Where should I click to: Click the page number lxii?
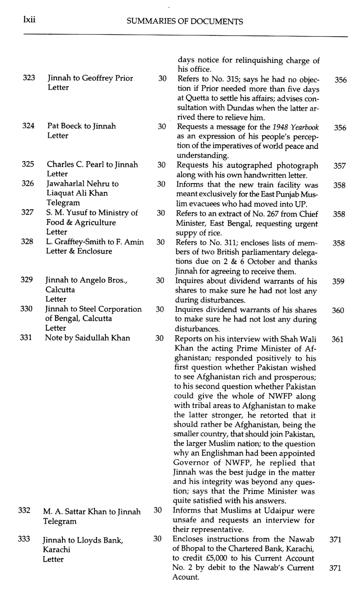click(x=29, y=20)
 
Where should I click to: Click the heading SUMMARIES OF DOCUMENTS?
click(x=185, y=22)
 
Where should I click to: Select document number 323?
click(x=29, y=78)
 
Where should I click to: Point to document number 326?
click(x=28, y=183)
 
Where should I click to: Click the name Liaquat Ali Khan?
click(x=77, y=193)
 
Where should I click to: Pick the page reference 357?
click(x=340, y=166)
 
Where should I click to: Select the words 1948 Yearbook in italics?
click(x=296, y=127)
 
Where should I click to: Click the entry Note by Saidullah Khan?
click(x=87, y=338)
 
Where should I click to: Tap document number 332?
click(x=24, y=510)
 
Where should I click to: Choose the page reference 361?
click(x=337, y=339)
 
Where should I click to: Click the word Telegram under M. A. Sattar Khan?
click(x=60, y=521)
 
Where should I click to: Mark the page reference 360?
click(x=338, y=310)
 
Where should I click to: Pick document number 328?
click(x=27, y=241)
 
